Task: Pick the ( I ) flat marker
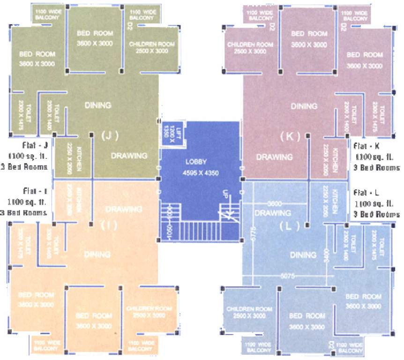click(x=109, y=225)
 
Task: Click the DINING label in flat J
click(x=98, y=105)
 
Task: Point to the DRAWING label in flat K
click(x=275, y=157)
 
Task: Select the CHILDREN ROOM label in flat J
click(x=152, y=44)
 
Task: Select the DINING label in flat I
click(x=97, y=255)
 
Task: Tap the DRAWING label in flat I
click(x=124, y=209)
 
